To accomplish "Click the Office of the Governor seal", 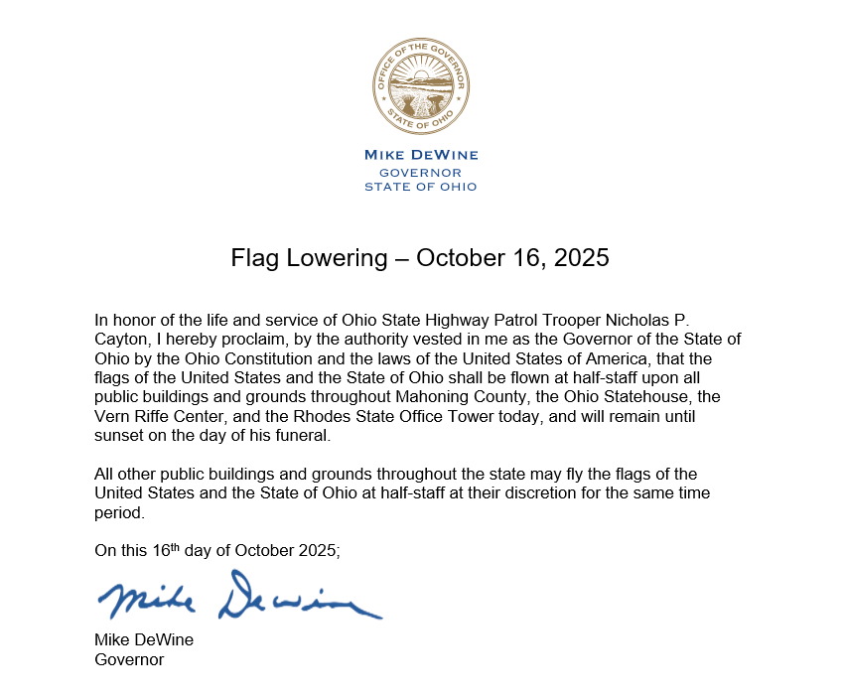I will click(421, 87).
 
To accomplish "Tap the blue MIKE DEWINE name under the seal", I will click(421, 155).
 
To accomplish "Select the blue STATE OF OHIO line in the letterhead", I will click(421, 187).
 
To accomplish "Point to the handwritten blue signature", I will click(238, 597).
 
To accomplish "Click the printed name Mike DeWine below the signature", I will click(144, 640).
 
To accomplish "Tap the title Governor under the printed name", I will click(129, 658).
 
